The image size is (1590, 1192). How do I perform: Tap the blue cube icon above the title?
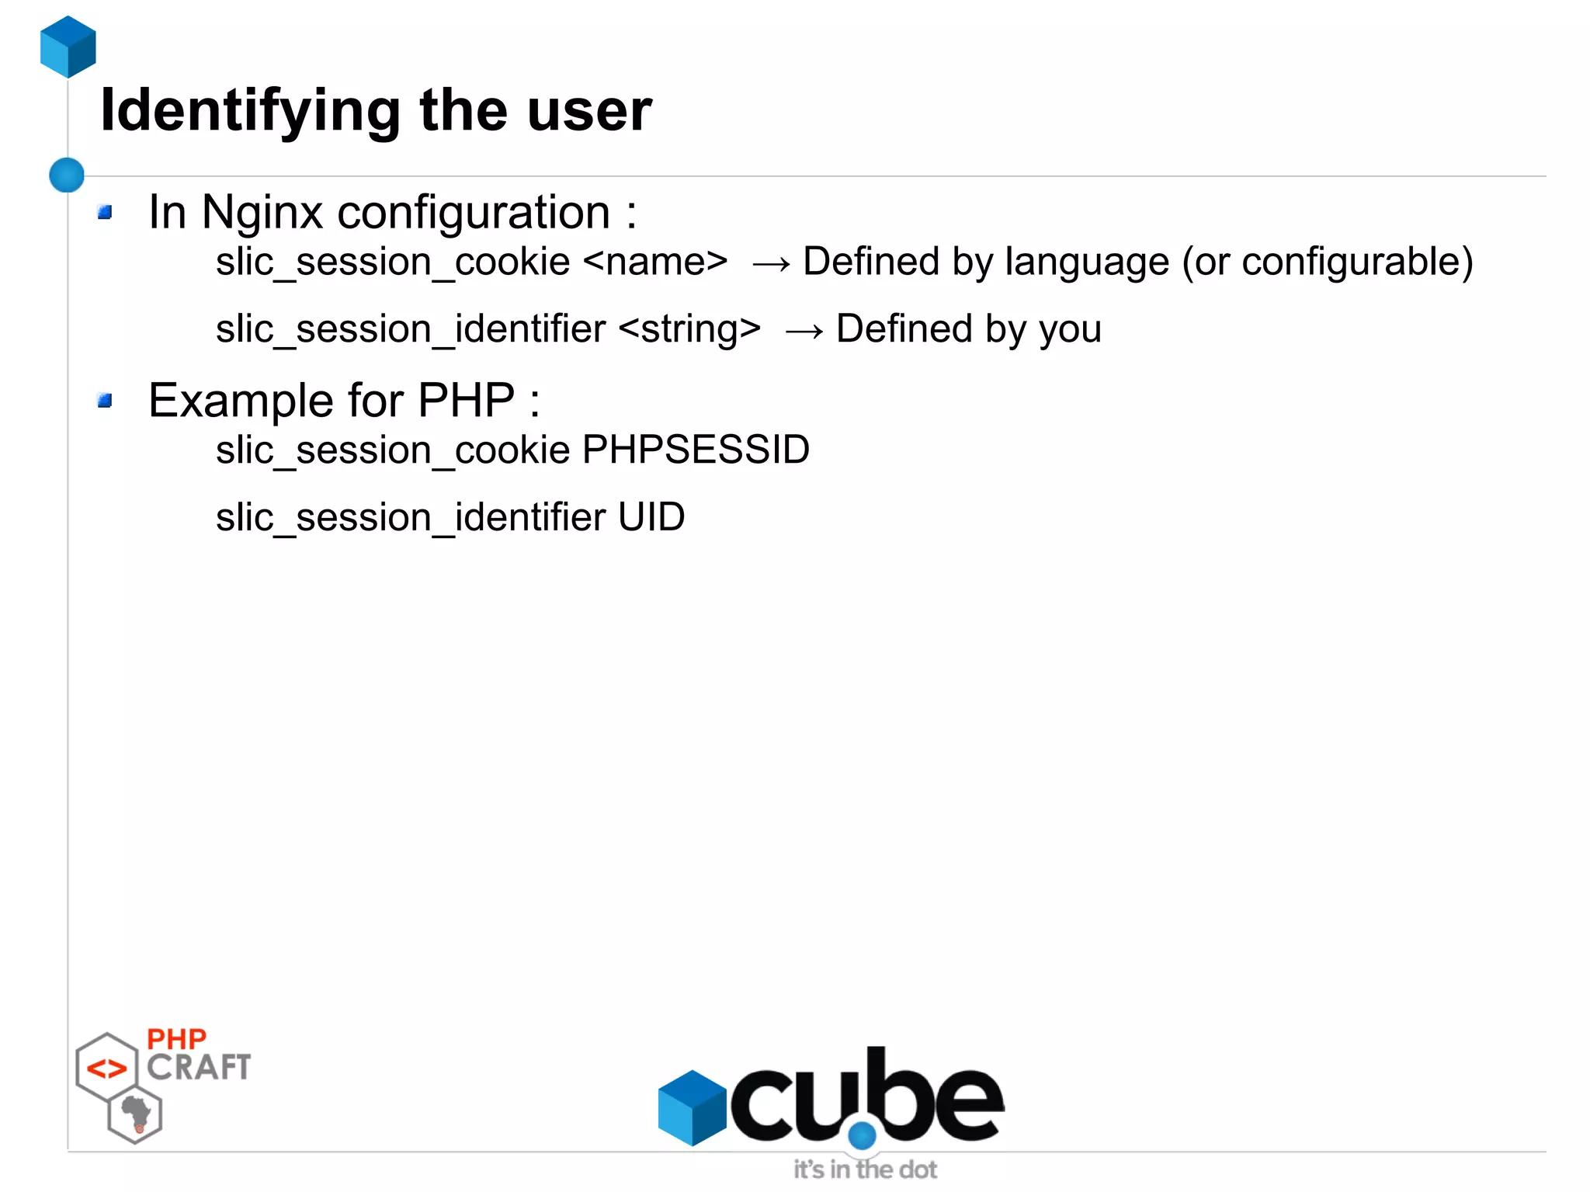coord(68,47)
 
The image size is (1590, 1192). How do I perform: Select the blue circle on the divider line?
coord(67,175)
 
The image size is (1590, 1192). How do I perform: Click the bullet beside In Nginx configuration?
coord(105,212)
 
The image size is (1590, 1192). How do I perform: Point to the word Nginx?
coord(262,212)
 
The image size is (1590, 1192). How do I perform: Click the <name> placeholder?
coord(655,262)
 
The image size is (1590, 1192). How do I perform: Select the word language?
coord(1087,262)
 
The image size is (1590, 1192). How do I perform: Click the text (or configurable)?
coord(1327,262)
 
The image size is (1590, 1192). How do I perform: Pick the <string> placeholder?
coord(689,328)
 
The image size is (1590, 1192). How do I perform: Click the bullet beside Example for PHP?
coord(105,401)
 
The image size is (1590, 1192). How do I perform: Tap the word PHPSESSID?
coord(696,450)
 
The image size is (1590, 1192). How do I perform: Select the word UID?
coord(651,517)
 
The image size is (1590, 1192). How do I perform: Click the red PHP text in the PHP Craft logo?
coord(176,1039)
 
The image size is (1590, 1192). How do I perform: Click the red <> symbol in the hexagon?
coord(106,1069)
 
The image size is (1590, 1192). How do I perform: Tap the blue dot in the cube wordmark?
coord(862,1135)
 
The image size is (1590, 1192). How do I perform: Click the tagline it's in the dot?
coord(865,1169)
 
